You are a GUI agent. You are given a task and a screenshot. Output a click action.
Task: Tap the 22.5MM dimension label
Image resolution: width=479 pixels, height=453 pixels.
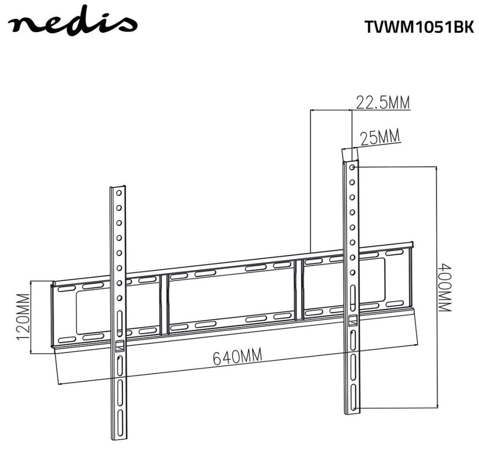tap(382, 102)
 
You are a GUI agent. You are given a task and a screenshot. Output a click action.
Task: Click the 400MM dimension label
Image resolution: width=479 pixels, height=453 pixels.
tap(445, 287)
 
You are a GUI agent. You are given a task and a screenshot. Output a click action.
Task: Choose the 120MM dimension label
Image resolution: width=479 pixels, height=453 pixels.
tap(22, 317)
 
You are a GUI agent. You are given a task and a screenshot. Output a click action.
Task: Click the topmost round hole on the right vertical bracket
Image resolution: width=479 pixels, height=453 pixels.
tap(352, 167)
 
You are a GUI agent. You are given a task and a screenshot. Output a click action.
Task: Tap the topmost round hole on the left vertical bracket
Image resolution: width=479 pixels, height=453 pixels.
tap(118, 193)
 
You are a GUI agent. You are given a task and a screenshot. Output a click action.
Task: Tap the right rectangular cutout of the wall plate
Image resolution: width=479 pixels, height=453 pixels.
tap(369, 283)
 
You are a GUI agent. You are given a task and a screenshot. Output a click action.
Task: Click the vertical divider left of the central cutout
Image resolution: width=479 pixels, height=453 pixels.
tap(163, 304)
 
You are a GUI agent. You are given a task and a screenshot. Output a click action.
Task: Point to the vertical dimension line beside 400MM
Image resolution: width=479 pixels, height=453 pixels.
tap(436, 287)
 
